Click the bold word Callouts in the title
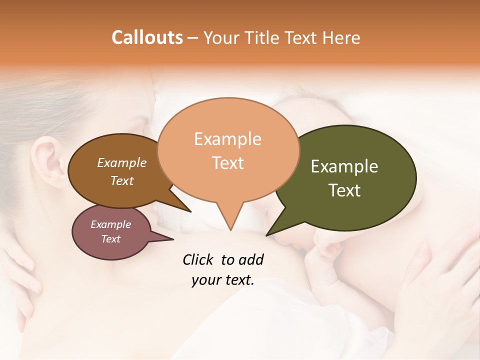(147, 37)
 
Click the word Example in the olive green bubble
(344, 166)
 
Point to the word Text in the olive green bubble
(344, 190)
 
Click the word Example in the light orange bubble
(227, 139)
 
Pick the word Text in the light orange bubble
(228, 163)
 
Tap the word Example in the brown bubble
(122, 162)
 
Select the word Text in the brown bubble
(122, 180)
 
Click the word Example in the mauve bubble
(111, 224)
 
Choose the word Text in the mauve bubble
(111, 239)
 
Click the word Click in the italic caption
(198, 259)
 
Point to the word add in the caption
(251, 259)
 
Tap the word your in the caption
(205, 280)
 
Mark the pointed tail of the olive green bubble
(270, 232)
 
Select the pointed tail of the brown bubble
(187, 208)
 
